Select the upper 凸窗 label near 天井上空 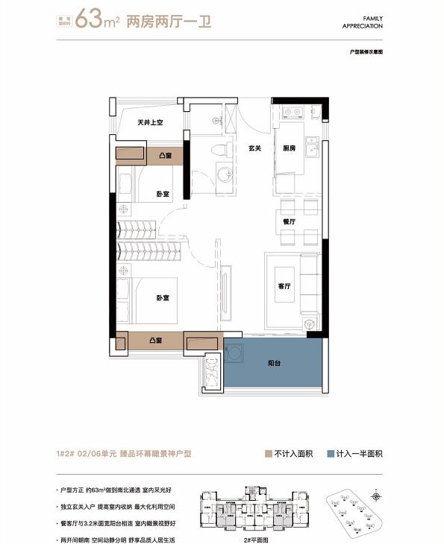pyautogui.click(x=166, y=156)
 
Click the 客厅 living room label pyautogui.click(x=284, y=285)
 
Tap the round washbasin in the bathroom pyautogui.click(x=224, y=176)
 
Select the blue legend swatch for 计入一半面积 pyautogui.click(x=333, y=454)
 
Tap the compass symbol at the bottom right pyautogui.click(x=375, y=496)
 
